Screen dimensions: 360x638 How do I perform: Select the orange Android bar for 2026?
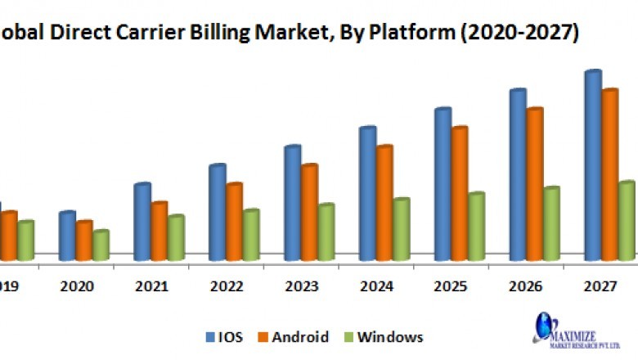tap(535, 184)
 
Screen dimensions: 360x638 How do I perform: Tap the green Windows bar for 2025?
tap(476, 227)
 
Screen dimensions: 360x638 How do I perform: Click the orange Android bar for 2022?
tap(234, 222)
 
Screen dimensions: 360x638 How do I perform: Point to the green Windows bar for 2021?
tap(175, 238)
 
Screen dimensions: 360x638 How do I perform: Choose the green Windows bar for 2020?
tap(101, 245)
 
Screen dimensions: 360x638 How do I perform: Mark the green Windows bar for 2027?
tap(627, 221)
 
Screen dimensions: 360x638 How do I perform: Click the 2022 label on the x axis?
tap(227, 286)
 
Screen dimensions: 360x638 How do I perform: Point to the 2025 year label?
tap(450, 286)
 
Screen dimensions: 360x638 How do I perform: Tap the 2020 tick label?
tap(78, 286)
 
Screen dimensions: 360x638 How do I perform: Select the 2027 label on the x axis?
tap(600, 286)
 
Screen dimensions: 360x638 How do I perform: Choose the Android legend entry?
tap(294, 337)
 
